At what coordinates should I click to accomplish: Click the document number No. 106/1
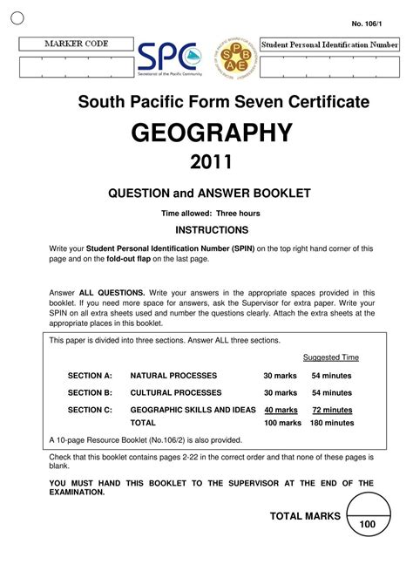pyautogui.click(x=367, y=23)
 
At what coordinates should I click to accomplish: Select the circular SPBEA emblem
pyautogui.click(x=230, y=62)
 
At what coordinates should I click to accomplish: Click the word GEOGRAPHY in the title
pyautogui.click(x=211, y=133)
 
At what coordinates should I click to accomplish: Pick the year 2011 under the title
pyautogui.click(x=211, y=163)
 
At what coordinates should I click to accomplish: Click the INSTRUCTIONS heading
pyautogui.click(x=212, y=230)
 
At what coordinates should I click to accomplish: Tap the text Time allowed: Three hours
pyautogui.click(x=211, y=213)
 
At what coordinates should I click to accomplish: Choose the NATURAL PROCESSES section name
pyautogui.click(x=173, y=376)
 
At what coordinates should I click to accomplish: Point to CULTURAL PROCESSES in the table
pyautogui.click(x=176, y=393)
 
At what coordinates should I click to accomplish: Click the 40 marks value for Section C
pyautogui.click(x=281, y=410)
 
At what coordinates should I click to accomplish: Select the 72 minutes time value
pyautogui.click(x=332, y=410)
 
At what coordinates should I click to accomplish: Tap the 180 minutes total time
pyautogui.click(x=332, y=423)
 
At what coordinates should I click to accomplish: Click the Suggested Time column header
pyautogui.click(x=330, y=357)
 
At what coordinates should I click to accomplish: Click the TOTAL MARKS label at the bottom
pyautogui.click(x=299, y=516)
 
